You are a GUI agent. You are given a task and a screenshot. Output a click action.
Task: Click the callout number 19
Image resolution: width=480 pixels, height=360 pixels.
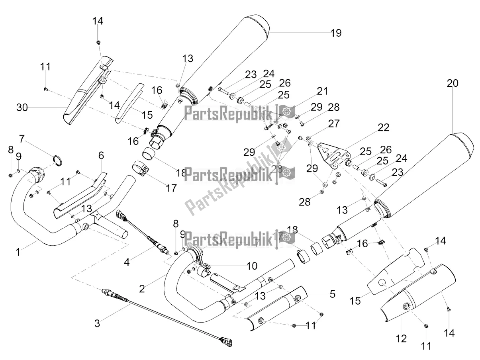pyautogui.click(x=336, y=33)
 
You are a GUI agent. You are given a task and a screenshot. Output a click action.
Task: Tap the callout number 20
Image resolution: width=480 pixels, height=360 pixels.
pyautogui.click(x=453, y=83)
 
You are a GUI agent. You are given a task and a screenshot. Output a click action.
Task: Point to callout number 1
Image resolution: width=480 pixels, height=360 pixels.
pyautogui.click(x=18, y=252)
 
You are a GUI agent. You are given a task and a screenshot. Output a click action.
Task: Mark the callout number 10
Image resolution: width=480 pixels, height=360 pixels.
pyautogui.click(x=252, y=266)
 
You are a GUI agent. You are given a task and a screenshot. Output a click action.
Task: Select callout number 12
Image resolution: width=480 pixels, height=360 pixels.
pyautogui.click(x=402, y=338)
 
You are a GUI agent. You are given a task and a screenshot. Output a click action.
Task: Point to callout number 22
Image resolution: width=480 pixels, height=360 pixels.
pyautogui.click(x=384, y=127)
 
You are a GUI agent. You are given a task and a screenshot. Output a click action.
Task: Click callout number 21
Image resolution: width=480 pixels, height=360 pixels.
pyautogui.click(x=322, y=91)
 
